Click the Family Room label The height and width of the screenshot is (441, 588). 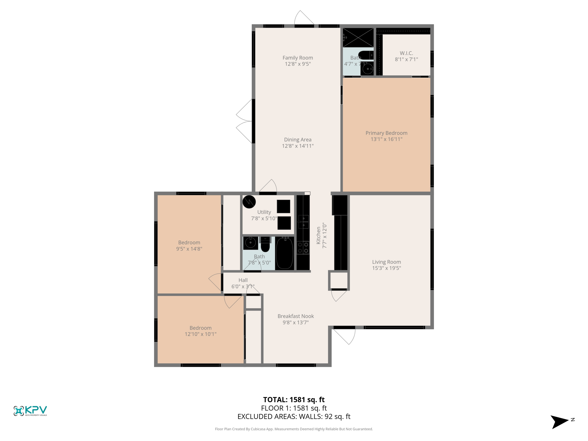(298, 58)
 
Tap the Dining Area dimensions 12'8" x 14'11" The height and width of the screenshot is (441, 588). (298, 146)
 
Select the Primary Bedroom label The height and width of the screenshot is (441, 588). (386, 133)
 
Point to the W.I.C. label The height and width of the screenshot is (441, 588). (406, 53)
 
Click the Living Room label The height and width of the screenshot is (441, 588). (386, 262)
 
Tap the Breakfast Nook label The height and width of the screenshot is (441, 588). (296, 316)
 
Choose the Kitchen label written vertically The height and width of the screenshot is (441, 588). (318, 236)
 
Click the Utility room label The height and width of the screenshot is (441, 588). (264, 212)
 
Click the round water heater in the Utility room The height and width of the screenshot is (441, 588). (249, 202)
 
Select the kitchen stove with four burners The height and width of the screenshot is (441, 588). (303, 248)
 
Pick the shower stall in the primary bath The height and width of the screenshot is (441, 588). (358, 37)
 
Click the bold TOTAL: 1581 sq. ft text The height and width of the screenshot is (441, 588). (294, 399)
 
